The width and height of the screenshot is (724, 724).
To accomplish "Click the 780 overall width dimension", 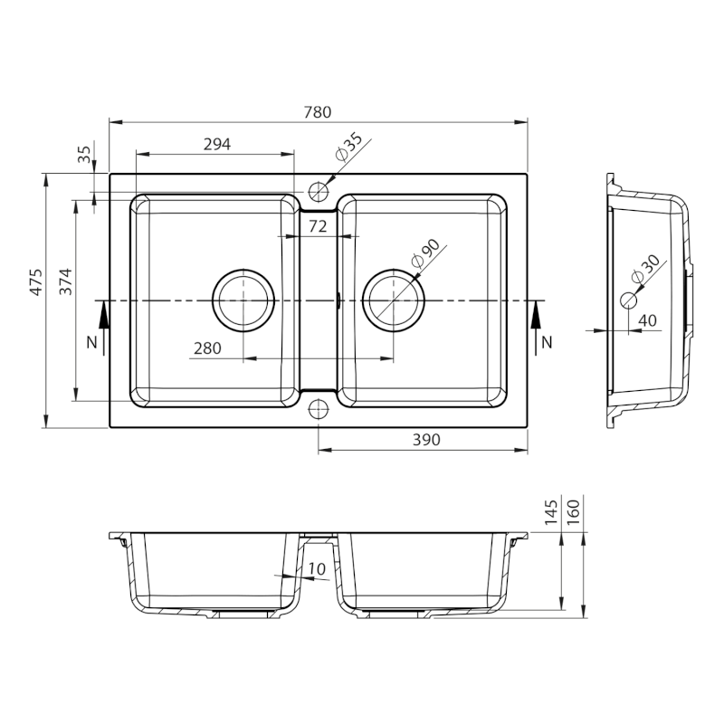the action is click(318, 112).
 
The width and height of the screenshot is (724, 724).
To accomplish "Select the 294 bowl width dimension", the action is click(217, 145).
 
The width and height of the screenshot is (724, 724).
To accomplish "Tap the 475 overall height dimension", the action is click(36, 281).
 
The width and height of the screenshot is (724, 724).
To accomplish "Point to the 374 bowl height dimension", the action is click(65, 281).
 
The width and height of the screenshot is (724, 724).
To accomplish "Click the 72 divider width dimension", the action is click(318, 226).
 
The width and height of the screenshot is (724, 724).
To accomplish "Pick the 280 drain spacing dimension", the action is click(207, 348).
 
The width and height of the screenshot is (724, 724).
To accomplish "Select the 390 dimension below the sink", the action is click(426, 440).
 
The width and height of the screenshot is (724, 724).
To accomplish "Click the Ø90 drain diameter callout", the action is click(425, 253).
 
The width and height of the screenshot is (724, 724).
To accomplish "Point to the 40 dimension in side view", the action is click(649, 320).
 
